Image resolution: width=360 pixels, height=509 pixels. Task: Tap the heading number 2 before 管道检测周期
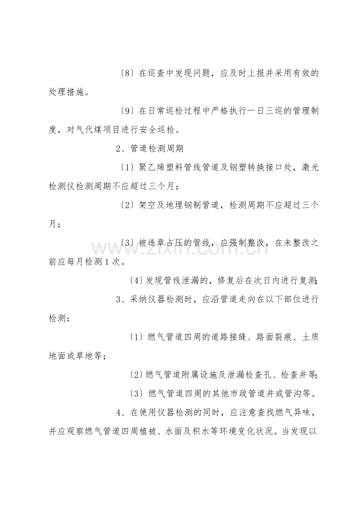click(119, 149)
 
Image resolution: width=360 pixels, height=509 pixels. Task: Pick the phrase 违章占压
click(161, 243)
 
